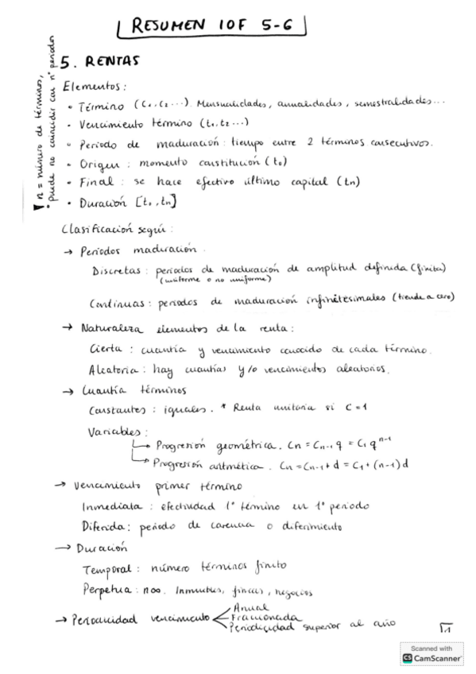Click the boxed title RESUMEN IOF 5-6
coord(211,25)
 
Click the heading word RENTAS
coord(112,60)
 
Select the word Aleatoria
coord(110,369)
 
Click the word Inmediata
coord(111,505)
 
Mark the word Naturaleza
coord(111,327)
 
